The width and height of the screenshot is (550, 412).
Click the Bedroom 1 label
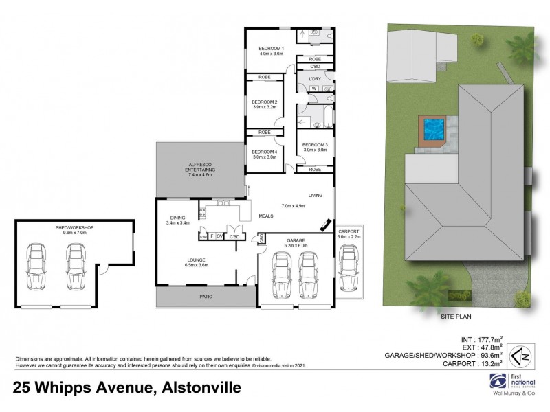click(271, 49)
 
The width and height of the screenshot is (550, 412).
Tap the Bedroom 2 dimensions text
click(264, 108)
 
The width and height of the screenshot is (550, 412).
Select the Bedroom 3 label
click(316, 144)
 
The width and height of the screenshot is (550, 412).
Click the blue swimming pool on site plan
click(433, 129)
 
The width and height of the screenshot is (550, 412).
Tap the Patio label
click(206, 297)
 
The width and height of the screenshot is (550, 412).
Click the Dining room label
click(177, 218)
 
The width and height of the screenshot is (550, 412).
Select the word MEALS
click(266, 215)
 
